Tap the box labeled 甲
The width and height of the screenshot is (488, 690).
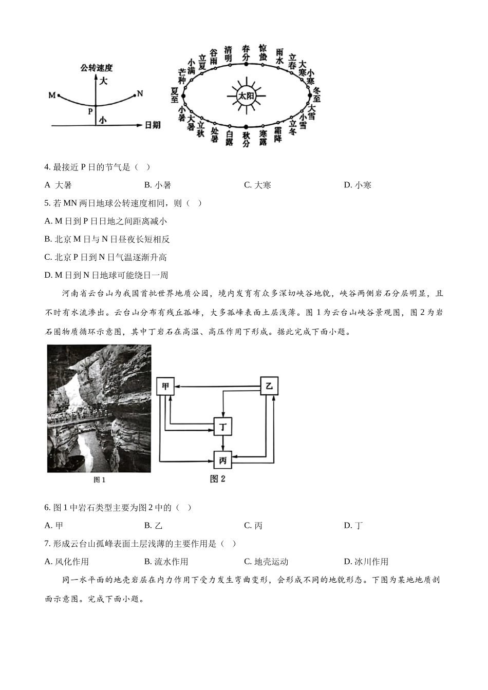click(165, 386)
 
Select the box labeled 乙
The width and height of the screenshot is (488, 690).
click(269, 386)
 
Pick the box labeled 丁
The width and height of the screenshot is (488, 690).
click(223, 426)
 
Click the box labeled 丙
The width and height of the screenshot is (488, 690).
click(223, 461)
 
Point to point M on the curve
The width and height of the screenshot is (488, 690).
click(59, 95)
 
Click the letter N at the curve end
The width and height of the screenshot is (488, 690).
click(139, 94)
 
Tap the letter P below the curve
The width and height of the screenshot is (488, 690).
click(90, 110)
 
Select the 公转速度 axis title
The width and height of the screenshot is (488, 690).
click(96, 67)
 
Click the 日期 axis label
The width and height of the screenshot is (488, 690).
click(153, 125)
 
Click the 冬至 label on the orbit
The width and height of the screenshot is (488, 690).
click(316, 95)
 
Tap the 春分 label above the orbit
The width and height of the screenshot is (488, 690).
click(246, 52)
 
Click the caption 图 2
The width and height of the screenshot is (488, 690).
click(218, 479)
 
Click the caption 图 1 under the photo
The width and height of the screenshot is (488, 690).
click(99, 480)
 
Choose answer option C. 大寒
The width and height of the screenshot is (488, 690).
click(257, 185)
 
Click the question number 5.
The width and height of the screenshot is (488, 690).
click(47, 203)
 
